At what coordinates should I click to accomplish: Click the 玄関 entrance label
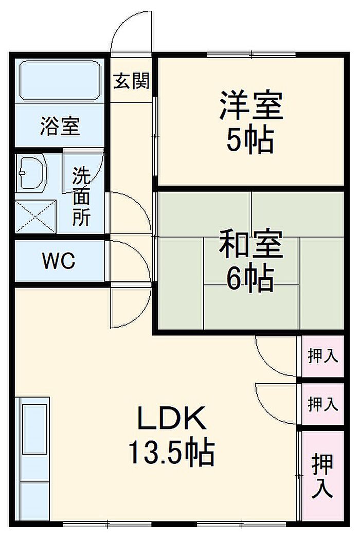click(x=132, y=81)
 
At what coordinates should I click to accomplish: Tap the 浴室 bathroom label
click(x=60, y=125)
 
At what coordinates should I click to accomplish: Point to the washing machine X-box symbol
click(x=35, y=217)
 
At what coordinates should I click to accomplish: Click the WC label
click(x=59, y=262)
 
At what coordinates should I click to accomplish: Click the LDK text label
click(x=171, y=419)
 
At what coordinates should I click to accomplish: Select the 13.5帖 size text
click(x=171, y=453)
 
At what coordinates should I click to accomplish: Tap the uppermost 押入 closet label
click(x=322, y=356)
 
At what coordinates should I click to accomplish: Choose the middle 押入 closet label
click(x=322, y=404)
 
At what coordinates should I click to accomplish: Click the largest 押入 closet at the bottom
click(x=322, y=476)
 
